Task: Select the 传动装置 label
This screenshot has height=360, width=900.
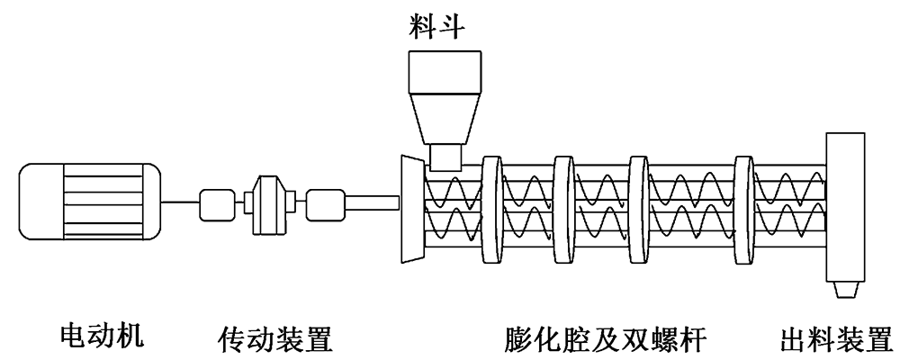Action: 276,340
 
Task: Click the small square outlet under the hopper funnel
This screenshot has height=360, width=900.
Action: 445,158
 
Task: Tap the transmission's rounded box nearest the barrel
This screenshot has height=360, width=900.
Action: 325,205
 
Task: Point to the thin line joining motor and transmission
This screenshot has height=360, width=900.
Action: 180,205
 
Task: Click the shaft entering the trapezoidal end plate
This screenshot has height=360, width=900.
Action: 372,205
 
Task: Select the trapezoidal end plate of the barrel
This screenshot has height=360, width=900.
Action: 411,208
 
